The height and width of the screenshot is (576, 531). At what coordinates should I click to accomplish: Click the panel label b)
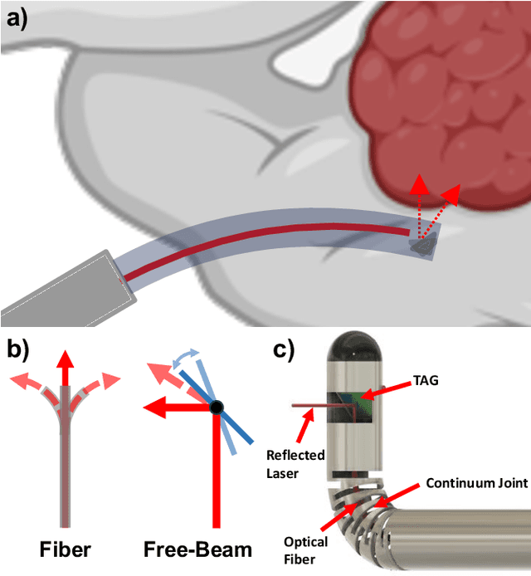(x=17, y=349)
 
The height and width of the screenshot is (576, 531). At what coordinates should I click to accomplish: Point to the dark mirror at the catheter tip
(x=424, y=244)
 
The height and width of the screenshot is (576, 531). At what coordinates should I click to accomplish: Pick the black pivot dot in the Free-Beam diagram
(x=216, y=407)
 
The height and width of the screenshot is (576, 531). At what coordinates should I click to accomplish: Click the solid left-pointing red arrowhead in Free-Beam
(x=150, y=408)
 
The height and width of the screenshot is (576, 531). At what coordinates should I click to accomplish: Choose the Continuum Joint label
(x=476, y=482)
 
